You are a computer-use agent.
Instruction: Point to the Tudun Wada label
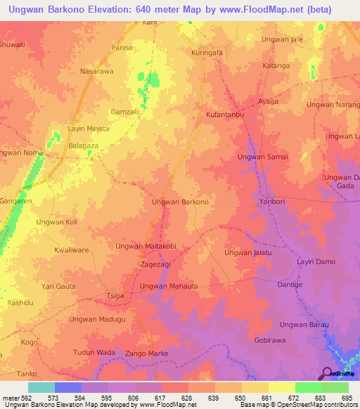pos(94,352)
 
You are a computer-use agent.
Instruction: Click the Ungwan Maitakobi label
pos(146,247)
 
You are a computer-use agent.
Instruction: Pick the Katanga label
pos(276,66)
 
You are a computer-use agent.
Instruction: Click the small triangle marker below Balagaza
pos(92,157)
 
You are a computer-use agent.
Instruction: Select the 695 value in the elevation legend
pos(345,398)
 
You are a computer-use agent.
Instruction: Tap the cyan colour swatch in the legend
pos(41,387)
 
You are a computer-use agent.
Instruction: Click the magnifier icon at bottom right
pos(326,373)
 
